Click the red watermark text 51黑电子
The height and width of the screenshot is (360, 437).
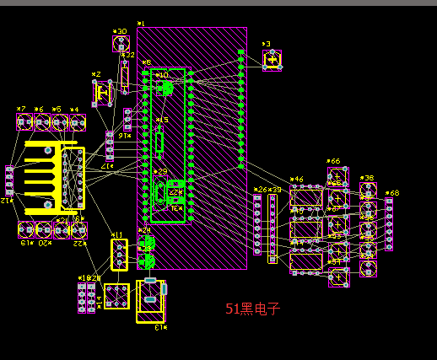(x=252, y=309)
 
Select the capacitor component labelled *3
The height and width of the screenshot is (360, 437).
(x=272, y=60)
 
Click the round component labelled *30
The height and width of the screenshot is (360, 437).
(x=121, y=44)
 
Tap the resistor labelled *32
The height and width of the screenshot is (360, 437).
(x=125, y=76)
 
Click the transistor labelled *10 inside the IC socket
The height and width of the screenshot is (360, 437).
(x=165, y=86)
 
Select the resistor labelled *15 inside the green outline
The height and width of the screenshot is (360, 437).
(x=159, y=141)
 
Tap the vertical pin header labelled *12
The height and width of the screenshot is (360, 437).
(x=9, y=180)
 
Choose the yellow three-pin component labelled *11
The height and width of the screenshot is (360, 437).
(x=120, y=254)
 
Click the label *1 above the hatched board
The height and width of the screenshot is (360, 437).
(x=140, y=24)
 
